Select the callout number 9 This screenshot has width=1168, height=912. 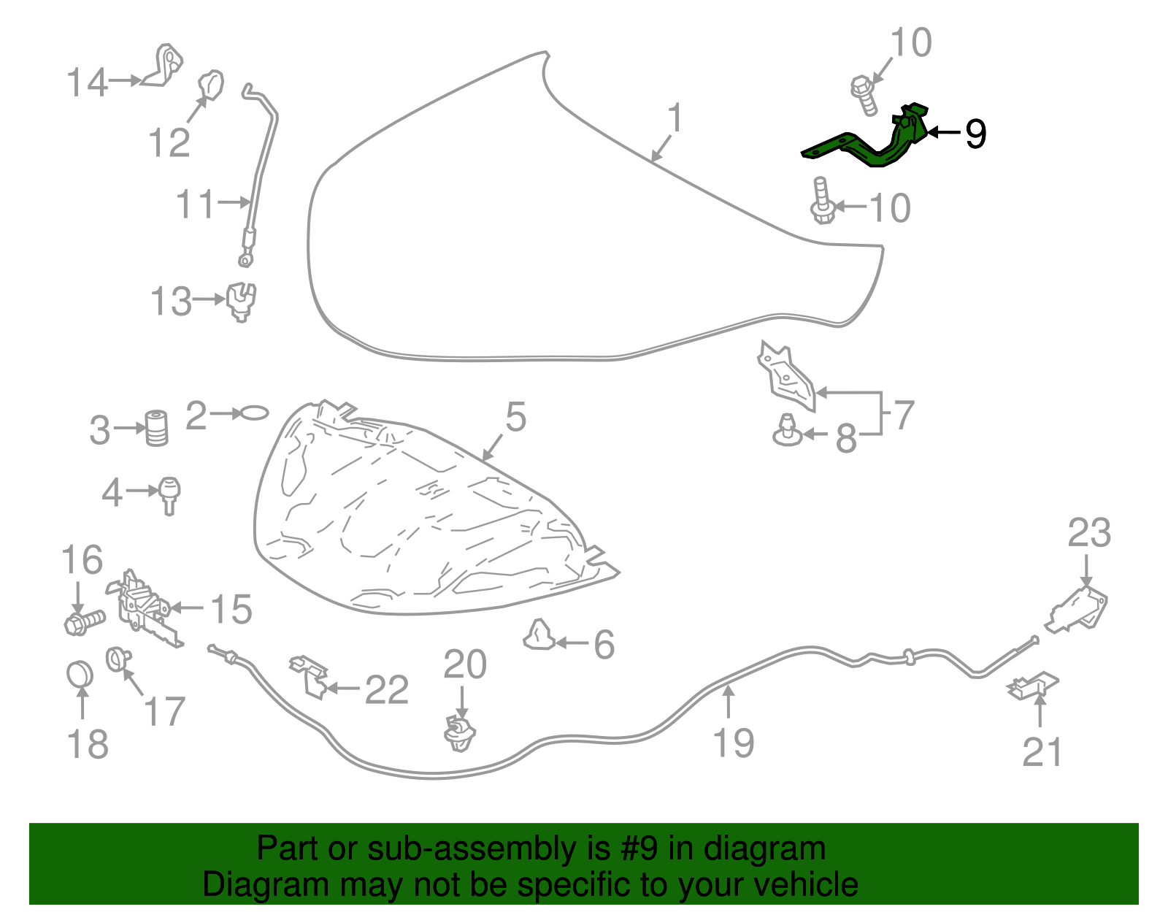(x=975, y=134)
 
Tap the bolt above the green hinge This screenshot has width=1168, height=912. (x=864, y=96)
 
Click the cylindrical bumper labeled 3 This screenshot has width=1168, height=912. (x=157, y=429)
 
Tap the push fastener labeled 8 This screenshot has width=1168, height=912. (x=788, y=430)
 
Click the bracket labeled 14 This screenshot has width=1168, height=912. (x=163, y=66)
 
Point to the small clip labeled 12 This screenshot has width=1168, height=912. (x=211, y=85)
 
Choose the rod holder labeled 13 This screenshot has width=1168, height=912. (x=241, y=302)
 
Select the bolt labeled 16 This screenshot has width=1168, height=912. (x=85, y=622)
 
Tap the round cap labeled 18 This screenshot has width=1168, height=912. (x=80, y=674)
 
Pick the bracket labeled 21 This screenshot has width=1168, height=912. (x=1032, y=686)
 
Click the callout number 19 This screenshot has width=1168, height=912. (x=734, y=742)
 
